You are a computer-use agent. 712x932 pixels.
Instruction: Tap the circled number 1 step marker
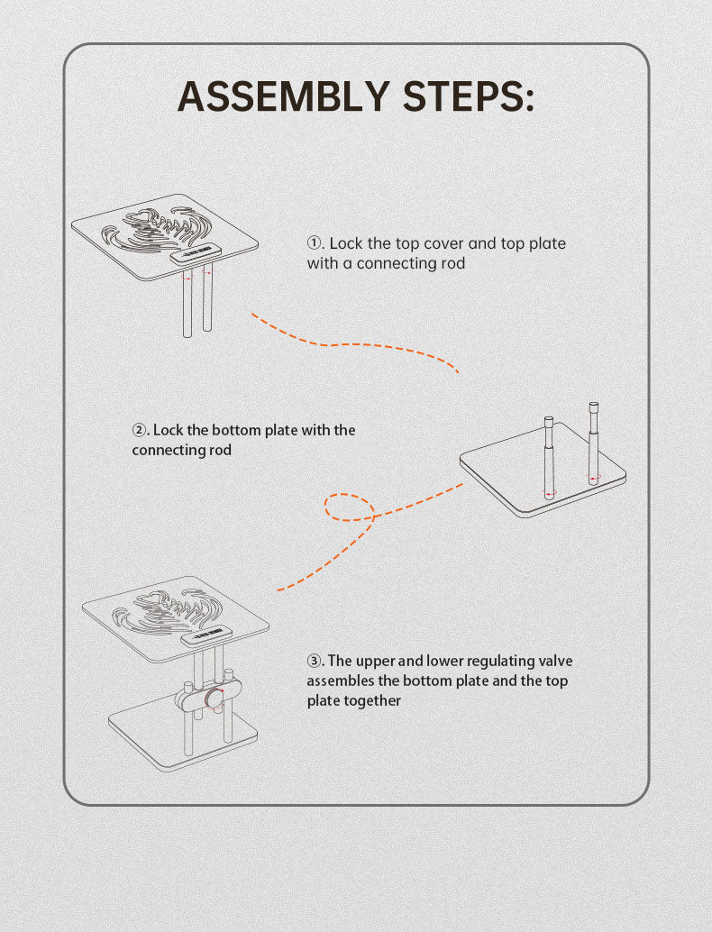point(315,243)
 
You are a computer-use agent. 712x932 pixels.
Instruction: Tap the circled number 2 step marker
point(140,430)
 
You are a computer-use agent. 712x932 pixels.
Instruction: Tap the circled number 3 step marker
point(315,662)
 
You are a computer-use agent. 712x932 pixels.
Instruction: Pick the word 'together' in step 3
point(370,700)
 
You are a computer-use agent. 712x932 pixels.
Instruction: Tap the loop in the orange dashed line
point(350,508)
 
